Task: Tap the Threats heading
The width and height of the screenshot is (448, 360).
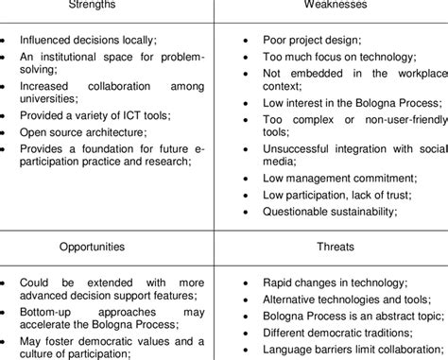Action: (x=336, y=247)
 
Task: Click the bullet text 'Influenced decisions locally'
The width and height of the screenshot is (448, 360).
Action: (x=91, y=41)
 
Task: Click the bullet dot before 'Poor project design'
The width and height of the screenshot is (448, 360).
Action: (x=245, y=42)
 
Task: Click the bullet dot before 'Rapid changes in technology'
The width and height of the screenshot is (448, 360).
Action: (x=245, y=283)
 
